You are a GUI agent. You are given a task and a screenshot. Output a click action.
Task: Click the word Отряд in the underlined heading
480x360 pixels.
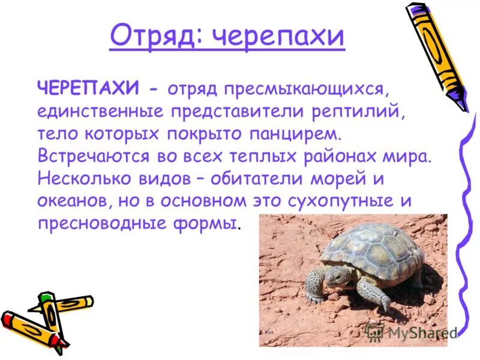pyautogui.click(x=154, y=37)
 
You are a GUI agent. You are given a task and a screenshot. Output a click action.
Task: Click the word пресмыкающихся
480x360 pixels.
pyautogui.click(x=304, y=90)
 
